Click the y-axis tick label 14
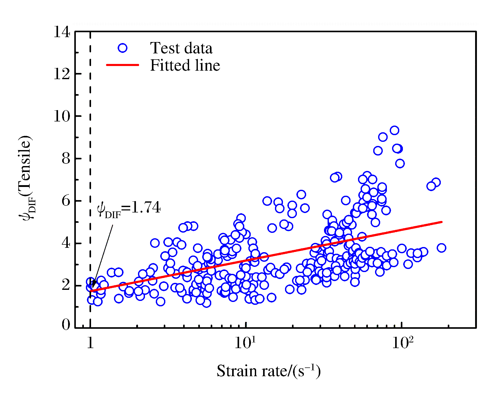(62, 32)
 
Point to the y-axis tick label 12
(62, 74)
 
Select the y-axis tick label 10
(62, 116)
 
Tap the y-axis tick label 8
(66, 159)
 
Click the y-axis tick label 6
(66, 201)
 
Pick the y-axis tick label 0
(66, 325)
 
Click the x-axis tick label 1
(90, 343)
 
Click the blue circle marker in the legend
(123, 48)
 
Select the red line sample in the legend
(123, 65)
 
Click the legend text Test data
(181, 48)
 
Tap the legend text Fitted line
(185, 65)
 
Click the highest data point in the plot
(394, 130)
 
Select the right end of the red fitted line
(442, 222)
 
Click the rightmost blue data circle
(441, 248)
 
